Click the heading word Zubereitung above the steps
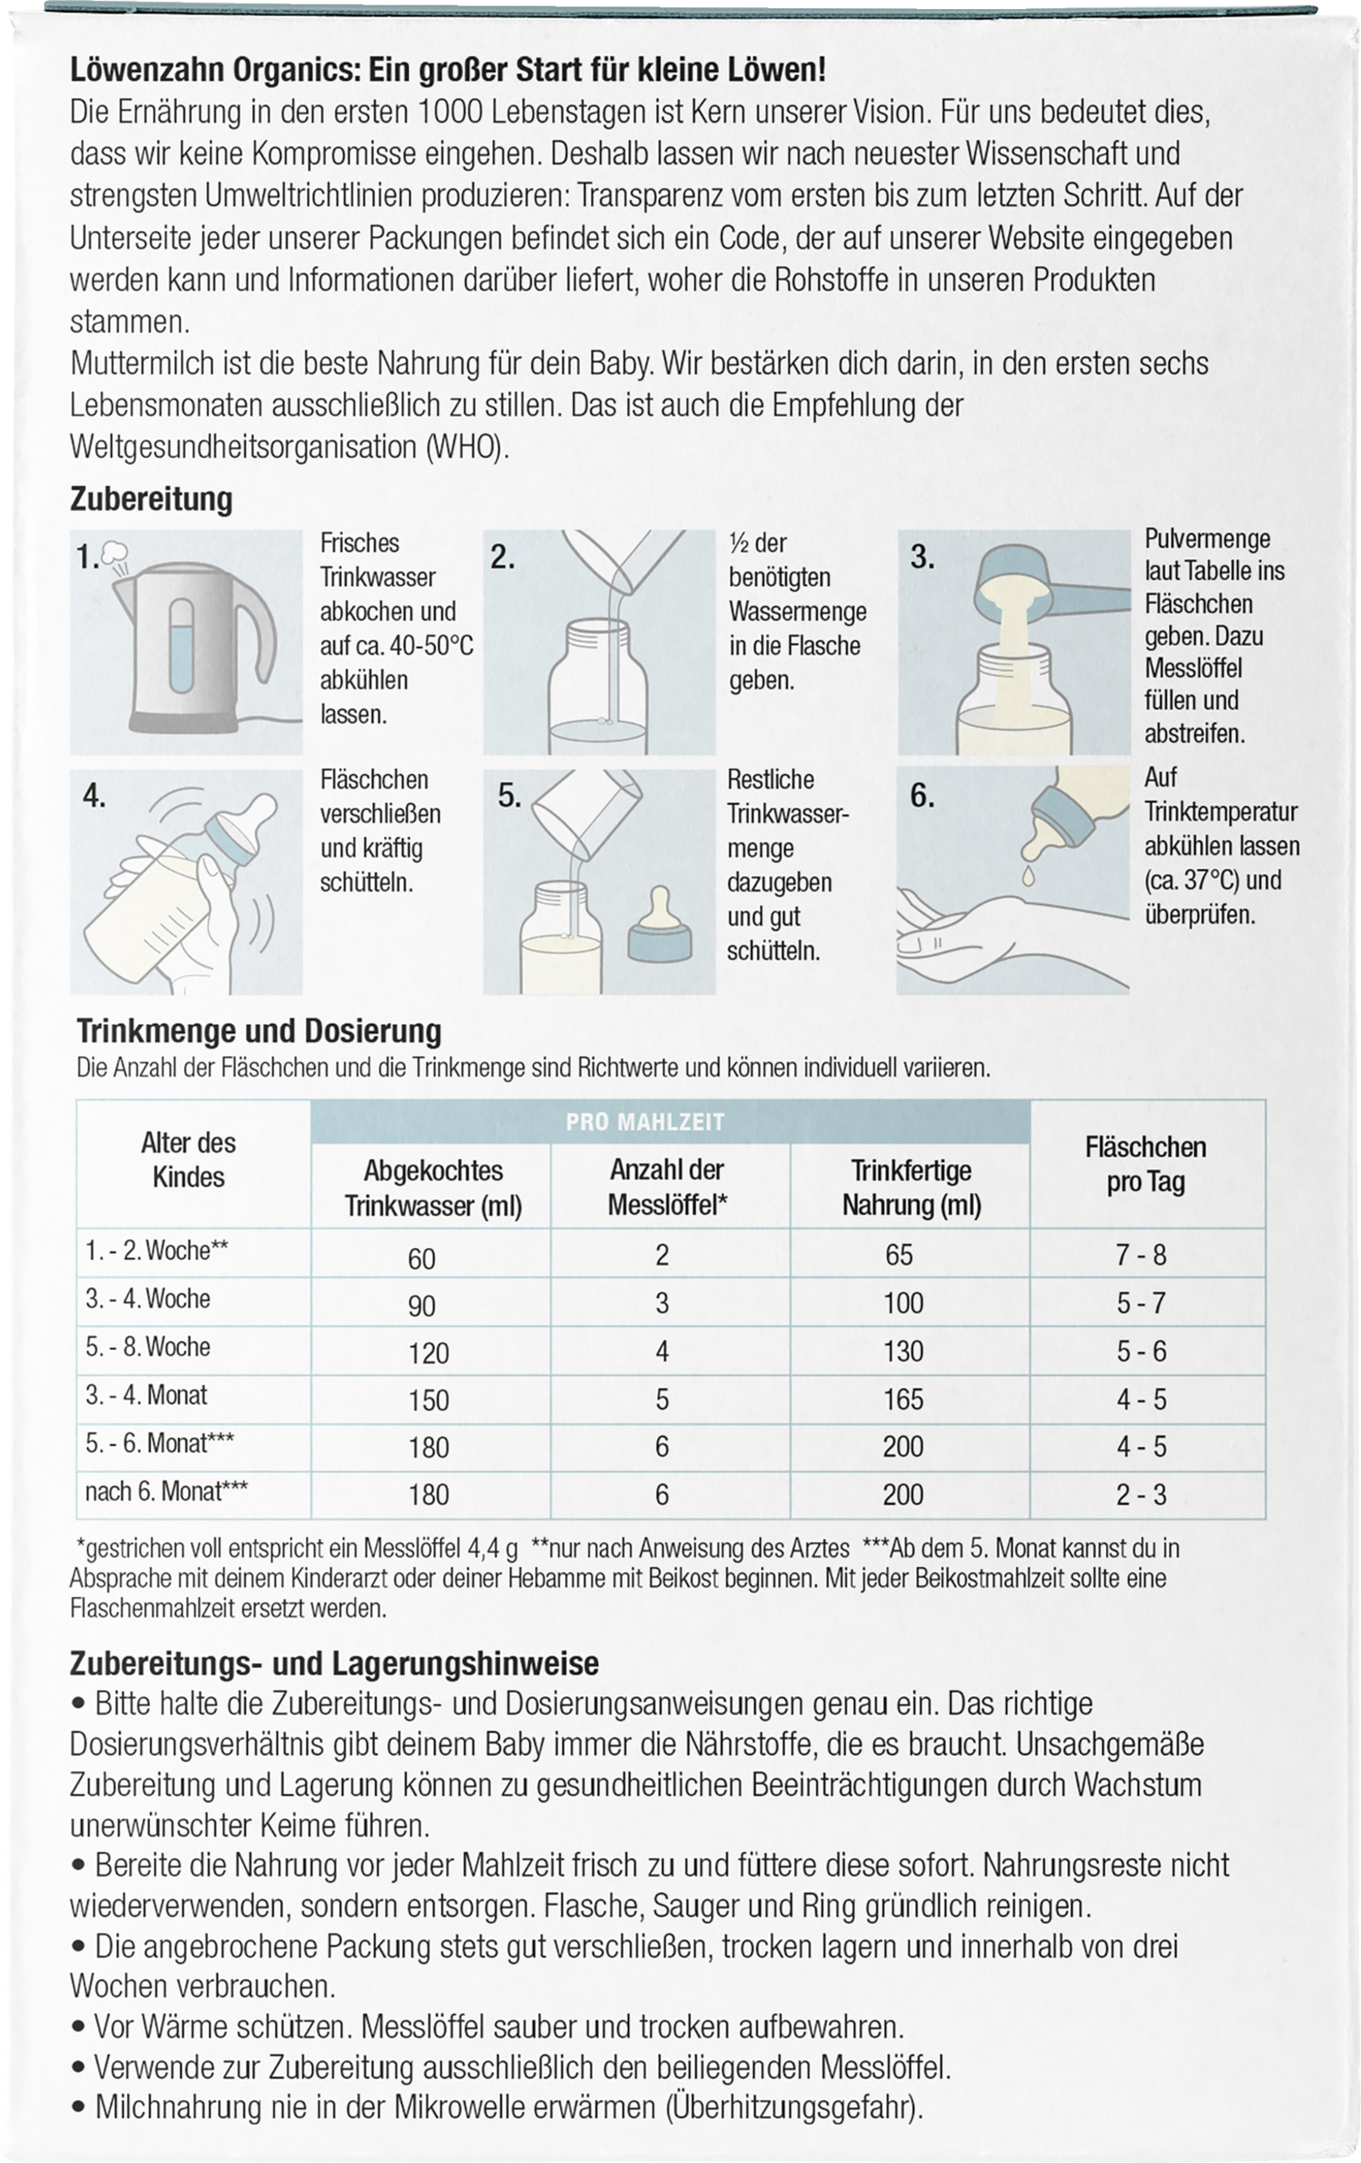(x=151, y=499)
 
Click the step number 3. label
(x=921, y=558)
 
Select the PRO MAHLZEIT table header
(x=671, y=1122)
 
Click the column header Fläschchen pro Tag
(x=1146, y=1164)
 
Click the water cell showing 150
(x=428, y=1400)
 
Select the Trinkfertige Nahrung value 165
(x=903, y=1399)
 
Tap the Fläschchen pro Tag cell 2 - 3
(x=1141, y=1494)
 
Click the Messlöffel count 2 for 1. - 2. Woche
(x=662, y=1255)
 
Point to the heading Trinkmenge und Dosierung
(x=260, y=1030)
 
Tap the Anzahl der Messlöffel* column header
(x=668, y=1187)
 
